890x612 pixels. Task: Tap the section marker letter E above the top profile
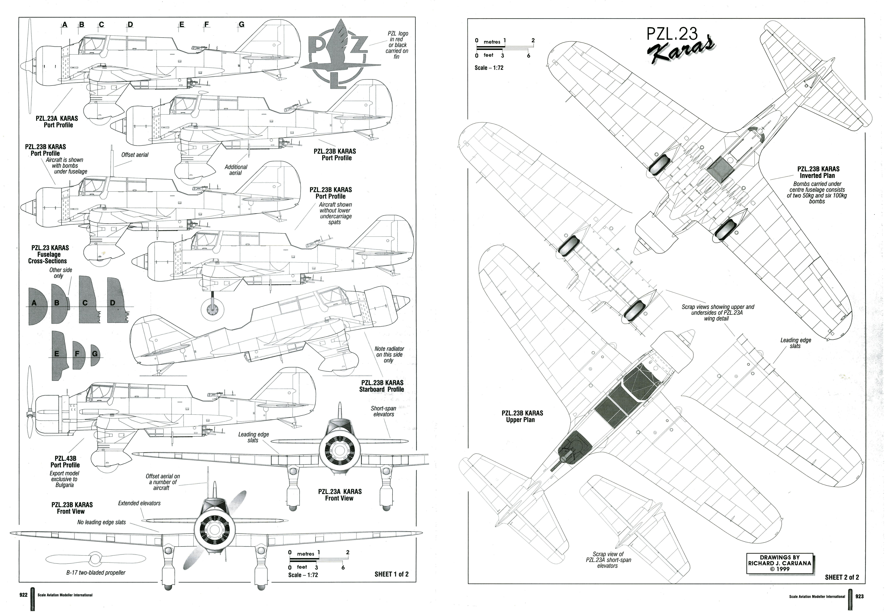(182, 25)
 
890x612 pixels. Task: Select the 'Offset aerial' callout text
(135, 155)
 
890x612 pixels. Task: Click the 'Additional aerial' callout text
(236, 170)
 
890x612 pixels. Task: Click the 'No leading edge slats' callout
(102, 522)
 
